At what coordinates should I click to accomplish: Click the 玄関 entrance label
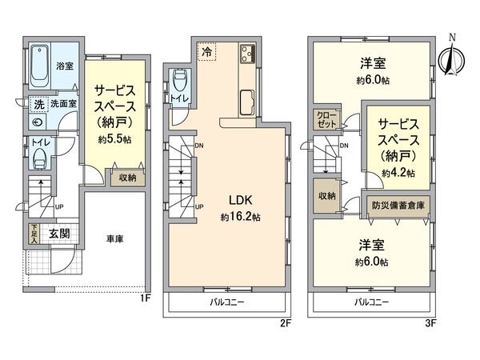(58, 234)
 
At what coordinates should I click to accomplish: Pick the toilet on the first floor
(36, 157)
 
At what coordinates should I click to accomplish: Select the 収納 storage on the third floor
(326, 196)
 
